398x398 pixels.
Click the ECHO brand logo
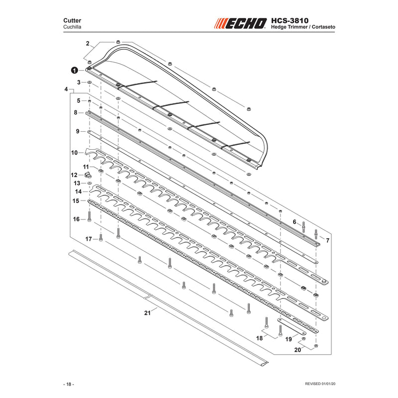click(240, 23)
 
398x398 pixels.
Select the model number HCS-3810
click(290, 20)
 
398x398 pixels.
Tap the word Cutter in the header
click(72, 20)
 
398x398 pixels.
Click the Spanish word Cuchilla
click(72, 27)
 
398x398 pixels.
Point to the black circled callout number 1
click(74, 70)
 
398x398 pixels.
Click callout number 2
click(88, 43)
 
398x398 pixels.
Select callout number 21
click(147, 313)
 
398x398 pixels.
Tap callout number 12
click(74, 175)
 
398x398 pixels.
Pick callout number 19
click(289, 339)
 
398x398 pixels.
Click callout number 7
click(328, 240)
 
